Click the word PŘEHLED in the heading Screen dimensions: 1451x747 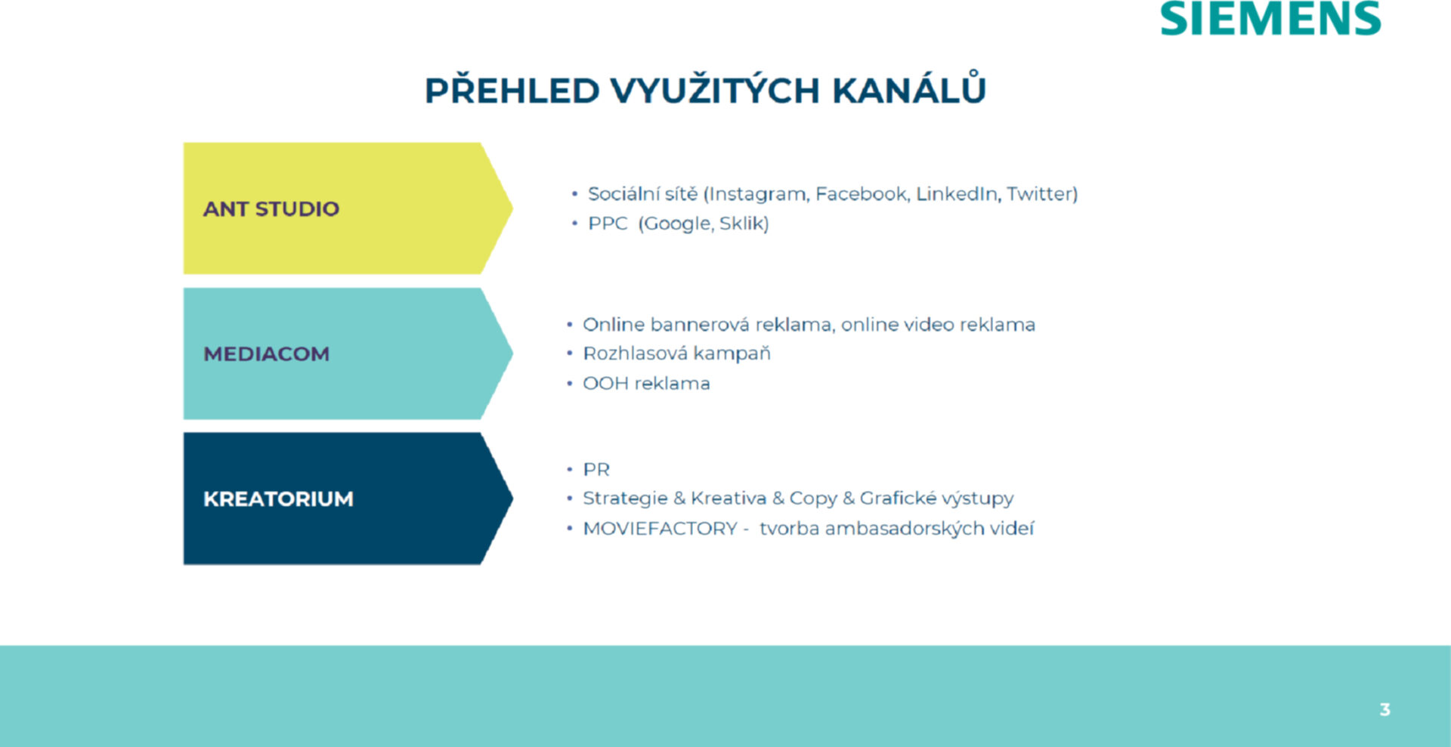pos(512,89)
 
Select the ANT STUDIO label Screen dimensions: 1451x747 pos(271,208)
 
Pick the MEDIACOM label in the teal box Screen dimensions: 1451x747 pos(266,353)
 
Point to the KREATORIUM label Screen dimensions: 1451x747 pos(278,499)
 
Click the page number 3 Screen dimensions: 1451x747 pos(1384,709)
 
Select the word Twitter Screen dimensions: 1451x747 pos(1041,194)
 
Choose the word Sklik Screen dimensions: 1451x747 pos(744,224)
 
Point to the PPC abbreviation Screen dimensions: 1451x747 pos(608,224)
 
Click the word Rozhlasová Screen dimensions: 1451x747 pos(636,353)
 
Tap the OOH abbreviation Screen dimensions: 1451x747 pos(605,384)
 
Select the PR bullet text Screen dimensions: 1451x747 pos(596,470)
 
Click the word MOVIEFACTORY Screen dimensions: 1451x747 pos(660,529)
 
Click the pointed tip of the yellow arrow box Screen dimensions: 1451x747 pos(512,208)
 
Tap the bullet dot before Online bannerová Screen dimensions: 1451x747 pos(570,325)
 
